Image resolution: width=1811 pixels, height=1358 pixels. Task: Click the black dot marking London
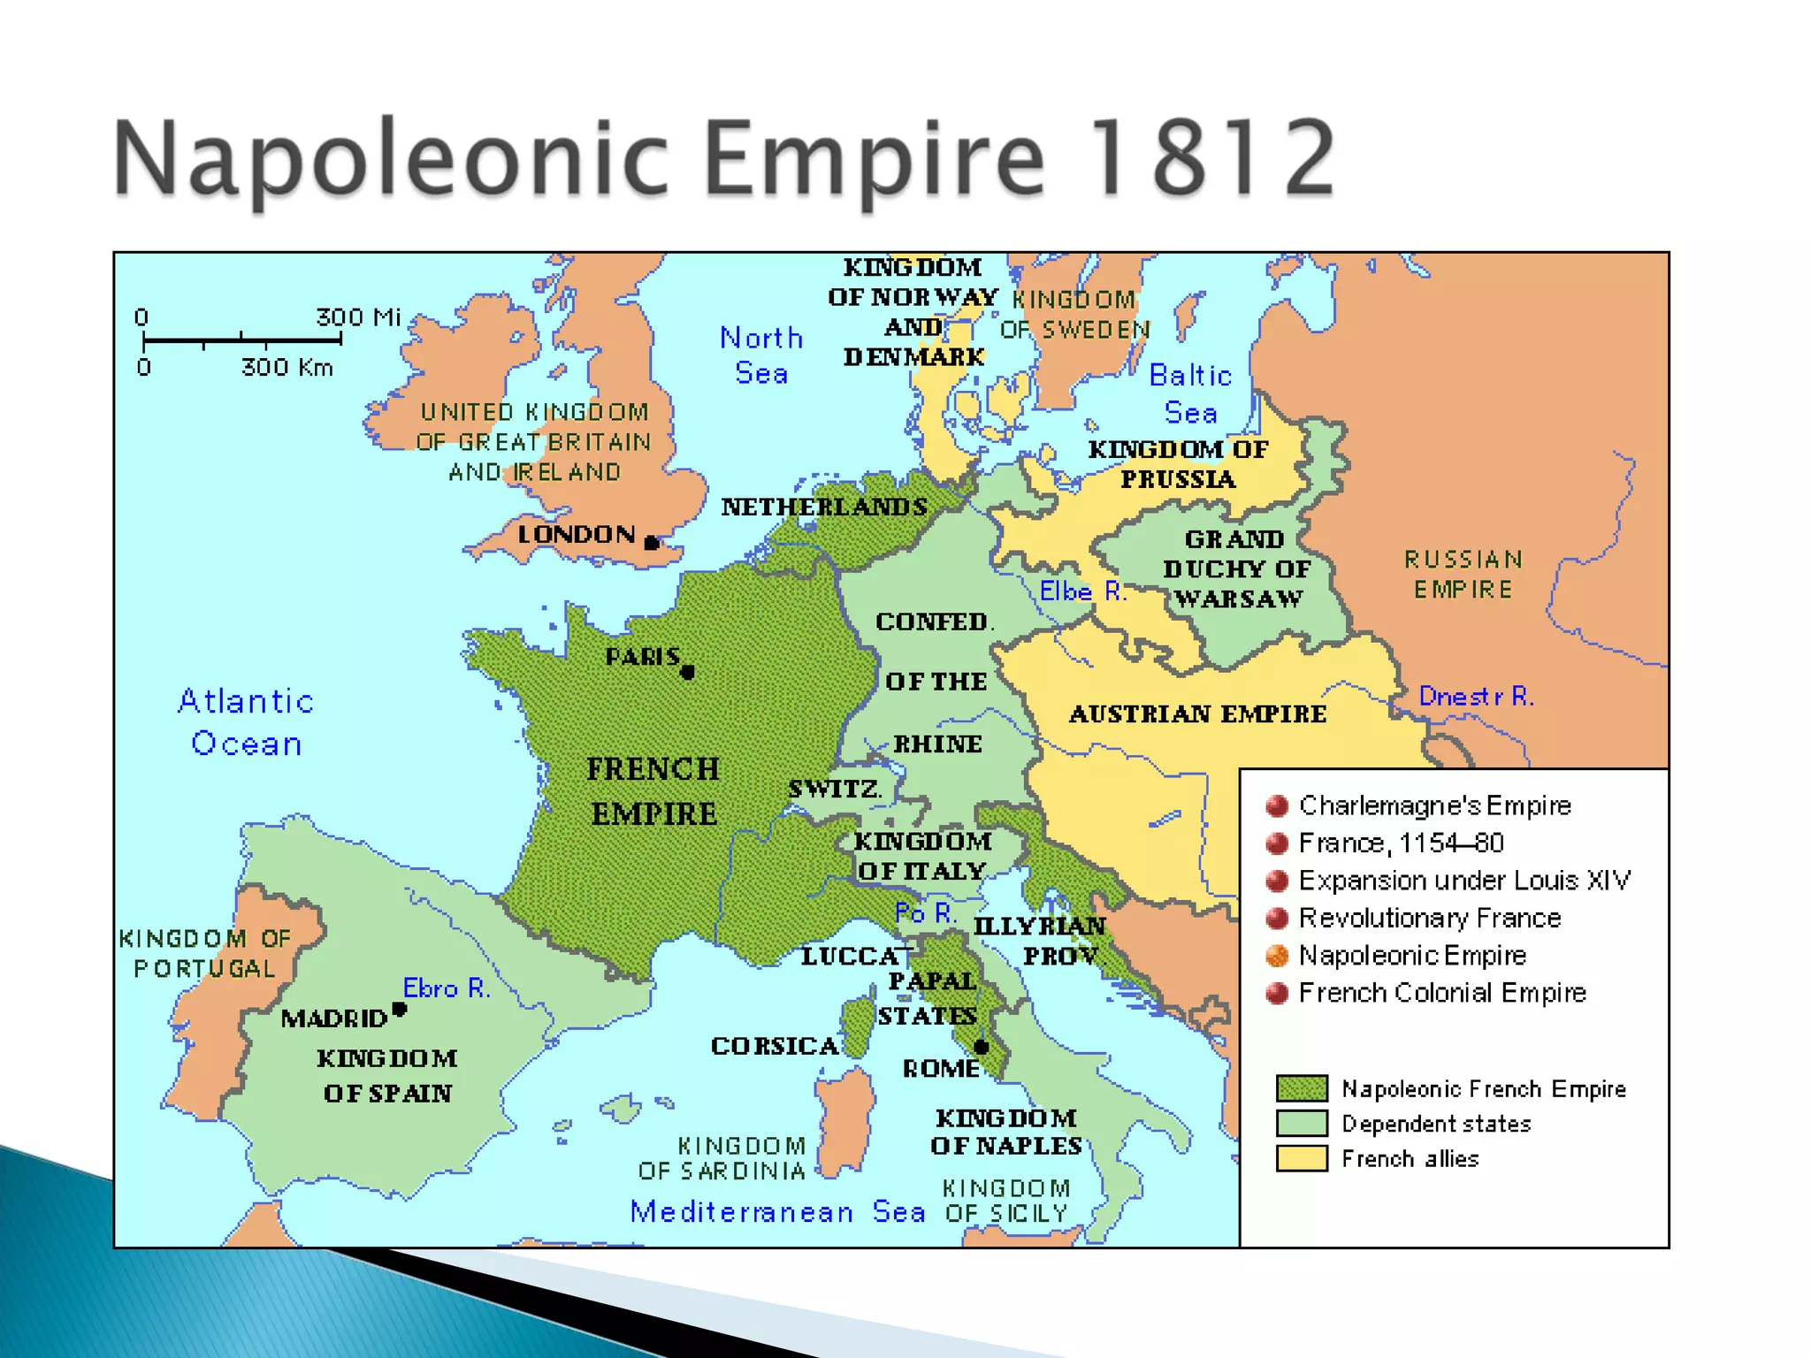pyautogui.click(x=652, y=543)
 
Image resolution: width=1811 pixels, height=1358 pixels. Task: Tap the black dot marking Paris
pyautogui.click(x=688, y=673)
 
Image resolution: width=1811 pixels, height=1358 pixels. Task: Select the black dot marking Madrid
pyautogui.click(x=400, y=1009)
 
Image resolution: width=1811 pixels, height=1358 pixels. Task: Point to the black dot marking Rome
pyautogui.click(x=981, y=1048)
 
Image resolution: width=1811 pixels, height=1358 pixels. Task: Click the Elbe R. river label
pyautogui.click(x=1082, y=591)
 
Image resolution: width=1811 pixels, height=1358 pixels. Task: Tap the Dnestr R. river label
pyautogui.click(x=1476, y=697)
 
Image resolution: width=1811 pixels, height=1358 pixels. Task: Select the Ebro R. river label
pyautogui.click(x=447, y=988)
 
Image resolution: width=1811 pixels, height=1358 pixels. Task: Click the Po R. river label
pyautogui.click(x=925, y=913)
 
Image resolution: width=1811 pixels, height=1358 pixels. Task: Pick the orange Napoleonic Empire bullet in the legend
pyautogui.click(x=1277, y=956)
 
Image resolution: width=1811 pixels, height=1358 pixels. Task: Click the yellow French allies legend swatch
pyautogui.click(x=1302, y=1158)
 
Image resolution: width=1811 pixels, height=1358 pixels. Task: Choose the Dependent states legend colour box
pyautogui.click(x=1302, y=1123)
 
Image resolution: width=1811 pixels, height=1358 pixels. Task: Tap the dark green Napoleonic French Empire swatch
pyautogui.click(x=1302, y=1088)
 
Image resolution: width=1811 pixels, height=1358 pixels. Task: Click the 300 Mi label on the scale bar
pyautogui.click(x=358, y=317)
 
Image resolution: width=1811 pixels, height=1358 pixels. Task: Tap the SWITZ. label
pyautogui.click(x=835, y=789)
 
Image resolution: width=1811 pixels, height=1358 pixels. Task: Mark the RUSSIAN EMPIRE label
pyautogui.click(x=1463, y=575)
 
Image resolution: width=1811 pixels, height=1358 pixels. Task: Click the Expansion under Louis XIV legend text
pyautogui.click(x=1464, y=881)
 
